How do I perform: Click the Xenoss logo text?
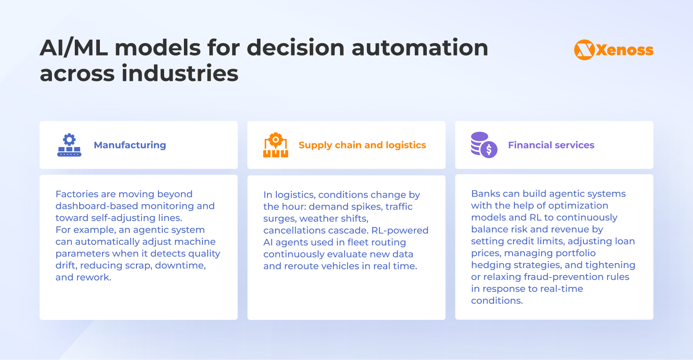click(x=624, y=50)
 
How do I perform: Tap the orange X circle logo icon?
click(x=584, y=50)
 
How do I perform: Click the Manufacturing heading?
click(x=130, y=145)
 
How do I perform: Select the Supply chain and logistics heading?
click(x=362, y=145)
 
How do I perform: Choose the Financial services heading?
click(x=551, y=145)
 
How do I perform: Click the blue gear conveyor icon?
click(x=70, y=145)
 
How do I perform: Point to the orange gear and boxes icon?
click(x=276, y=145)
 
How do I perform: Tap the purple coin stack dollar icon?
click(x=484, y=145)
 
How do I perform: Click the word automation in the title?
click(x=420, y=48)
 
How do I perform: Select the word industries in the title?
click(x=180, y=73)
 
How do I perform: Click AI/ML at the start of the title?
click(x=73, y=48)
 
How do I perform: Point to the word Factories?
click(x=77, y=194)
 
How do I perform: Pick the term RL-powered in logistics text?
click(x=400, y=230)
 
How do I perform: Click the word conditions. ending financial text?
click(x=497, y=301)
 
